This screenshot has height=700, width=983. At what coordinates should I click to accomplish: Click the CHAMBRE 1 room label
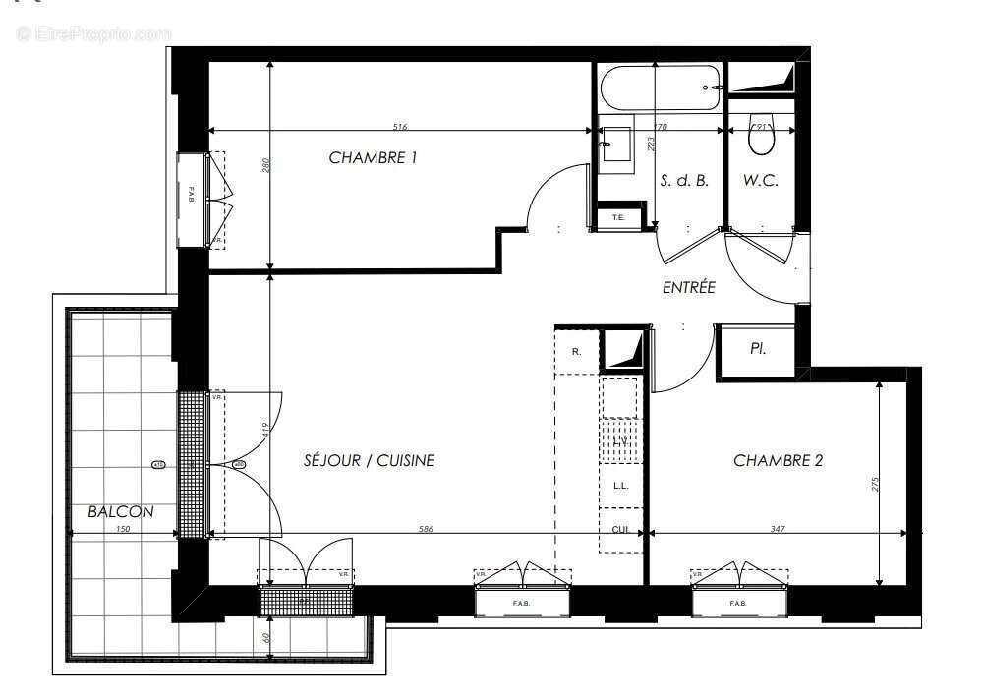point(373,157)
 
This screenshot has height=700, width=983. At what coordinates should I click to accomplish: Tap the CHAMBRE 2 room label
point(778,460)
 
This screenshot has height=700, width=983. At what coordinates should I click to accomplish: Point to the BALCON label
point(120,511)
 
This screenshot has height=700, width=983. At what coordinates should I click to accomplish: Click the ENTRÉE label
point(688,288)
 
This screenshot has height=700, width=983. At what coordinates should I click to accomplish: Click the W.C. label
point(761,181)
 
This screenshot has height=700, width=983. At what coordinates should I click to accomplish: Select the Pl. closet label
point(758,349)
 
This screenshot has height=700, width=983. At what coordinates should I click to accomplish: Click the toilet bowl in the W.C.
point(761,138)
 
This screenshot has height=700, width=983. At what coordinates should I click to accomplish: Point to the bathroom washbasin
point(617,144)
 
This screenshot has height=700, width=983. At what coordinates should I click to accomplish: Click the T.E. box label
point(618,217)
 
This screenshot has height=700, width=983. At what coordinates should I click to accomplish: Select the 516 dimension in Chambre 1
point(400,127)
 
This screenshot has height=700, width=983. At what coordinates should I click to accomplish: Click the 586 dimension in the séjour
point(426,530)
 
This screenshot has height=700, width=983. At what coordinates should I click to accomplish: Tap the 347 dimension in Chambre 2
point(778,530)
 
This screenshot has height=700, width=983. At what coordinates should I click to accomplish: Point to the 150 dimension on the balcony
point(123,530)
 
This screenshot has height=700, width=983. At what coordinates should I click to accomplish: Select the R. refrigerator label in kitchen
point(576,351)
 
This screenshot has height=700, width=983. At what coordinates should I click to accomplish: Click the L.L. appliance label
point(620,486)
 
